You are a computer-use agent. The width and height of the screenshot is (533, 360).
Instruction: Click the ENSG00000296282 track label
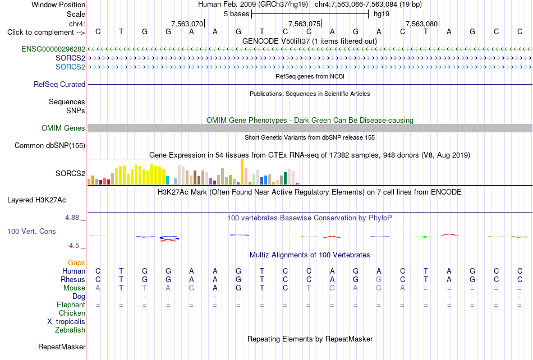53,49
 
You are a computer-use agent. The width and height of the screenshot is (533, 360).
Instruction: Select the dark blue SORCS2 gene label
70,58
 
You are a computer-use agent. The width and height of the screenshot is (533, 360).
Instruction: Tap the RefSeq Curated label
59,84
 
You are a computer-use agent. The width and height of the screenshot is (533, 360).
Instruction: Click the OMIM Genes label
63,128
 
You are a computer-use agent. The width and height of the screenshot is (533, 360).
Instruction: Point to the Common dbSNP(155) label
50,145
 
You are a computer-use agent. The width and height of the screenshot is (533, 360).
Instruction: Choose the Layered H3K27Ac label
36,200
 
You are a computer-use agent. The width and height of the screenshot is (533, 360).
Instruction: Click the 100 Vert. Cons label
31,231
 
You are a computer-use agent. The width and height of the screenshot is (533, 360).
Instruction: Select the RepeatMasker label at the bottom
62,347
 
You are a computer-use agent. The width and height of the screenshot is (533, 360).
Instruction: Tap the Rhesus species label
73,279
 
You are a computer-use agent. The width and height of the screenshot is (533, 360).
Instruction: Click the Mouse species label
74,288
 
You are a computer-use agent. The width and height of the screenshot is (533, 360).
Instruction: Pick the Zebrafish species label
70,330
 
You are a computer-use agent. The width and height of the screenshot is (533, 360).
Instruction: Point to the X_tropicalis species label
66,322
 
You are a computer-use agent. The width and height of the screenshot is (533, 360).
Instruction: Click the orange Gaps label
76,262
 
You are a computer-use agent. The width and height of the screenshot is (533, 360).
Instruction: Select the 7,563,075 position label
304,24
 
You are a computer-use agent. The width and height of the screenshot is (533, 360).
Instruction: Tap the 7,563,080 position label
421,24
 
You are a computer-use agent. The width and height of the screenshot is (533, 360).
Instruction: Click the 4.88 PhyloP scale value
72,218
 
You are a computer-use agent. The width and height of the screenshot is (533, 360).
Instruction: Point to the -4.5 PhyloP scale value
73,245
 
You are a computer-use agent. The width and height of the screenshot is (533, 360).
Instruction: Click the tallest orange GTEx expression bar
242,172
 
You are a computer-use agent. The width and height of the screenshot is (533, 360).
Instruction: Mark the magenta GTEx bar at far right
297,184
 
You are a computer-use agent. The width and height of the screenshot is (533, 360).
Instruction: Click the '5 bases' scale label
237,14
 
